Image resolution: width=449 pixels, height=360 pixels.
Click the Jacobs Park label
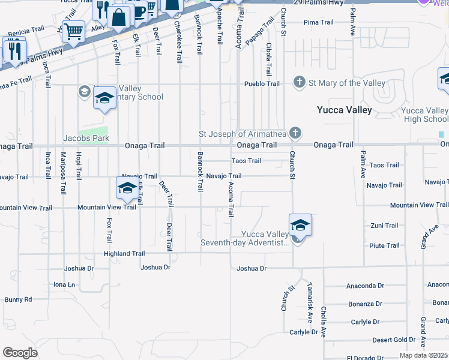(86, 138)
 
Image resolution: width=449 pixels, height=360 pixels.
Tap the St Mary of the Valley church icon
(299, 82)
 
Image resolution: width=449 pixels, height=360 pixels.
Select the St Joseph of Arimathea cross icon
(294, 132)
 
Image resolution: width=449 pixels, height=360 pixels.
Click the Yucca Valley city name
(345, 110)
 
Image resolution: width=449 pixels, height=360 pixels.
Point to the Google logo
(20, 353)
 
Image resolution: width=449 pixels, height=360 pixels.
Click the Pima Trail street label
(318, 22)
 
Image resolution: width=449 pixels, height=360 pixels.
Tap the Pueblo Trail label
(262, 84)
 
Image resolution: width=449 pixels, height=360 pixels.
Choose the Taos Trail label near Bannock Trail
(246, 161)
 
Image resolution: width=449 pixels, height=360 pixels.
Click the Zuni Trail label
(384, 226)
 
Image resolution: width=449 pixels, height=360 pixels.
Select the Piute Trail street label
(384, 245)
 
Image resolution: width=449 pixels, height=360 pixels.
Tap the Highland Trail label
(124, 254)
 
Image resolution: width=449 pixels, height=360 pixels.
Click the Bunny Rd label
(18, 299)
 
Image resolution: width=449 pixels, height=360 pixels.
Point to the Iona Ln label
(64, 284)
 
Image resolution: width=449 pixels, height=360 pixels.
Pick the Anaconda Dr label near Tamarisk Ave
(365, 286)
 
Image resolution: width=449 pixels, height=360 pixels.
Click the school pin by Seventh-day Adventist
(300, 226)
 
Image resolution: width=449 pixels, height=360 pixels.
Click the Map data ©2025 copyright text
(423, 355)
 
